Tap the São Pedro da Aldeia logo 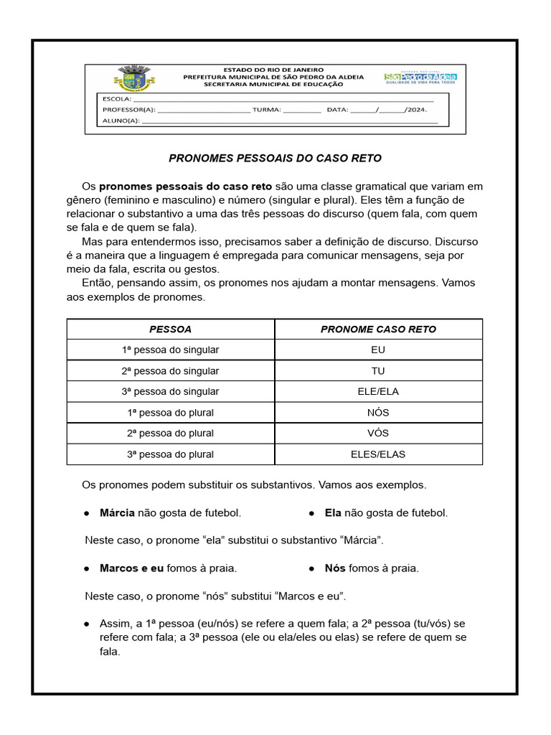420,78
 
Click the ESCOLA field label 116,99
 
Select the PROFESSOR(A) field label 128,110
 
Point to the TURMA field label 268,110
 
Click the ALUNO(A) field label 121,121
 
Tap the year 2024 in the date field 416,110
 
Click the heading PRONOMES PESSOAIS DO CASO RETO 275,158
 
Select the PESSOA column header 170,329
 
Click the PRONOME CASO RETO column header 378,329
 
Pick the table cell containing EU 378,350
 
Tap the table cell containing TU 378,371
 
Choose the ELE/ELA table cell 378,392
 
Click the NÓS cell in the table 378,413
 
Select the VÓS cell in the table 378,434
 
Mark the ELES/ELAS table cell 378,454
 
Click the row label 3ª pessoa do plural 170,454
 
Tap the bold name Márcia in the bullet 117,513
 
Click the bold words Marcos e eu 132,568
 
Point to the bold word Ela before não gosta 333,513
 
